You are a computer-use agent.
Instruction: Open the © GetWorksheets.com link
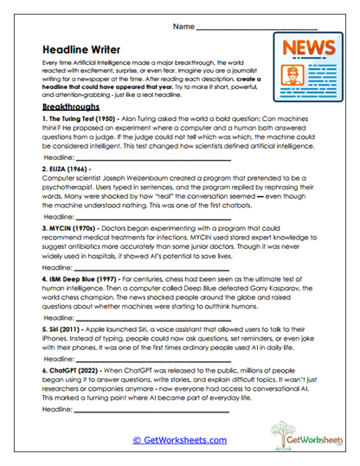(179, 439)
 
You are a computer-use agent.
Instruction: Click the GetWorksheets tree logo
(296, 436)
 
